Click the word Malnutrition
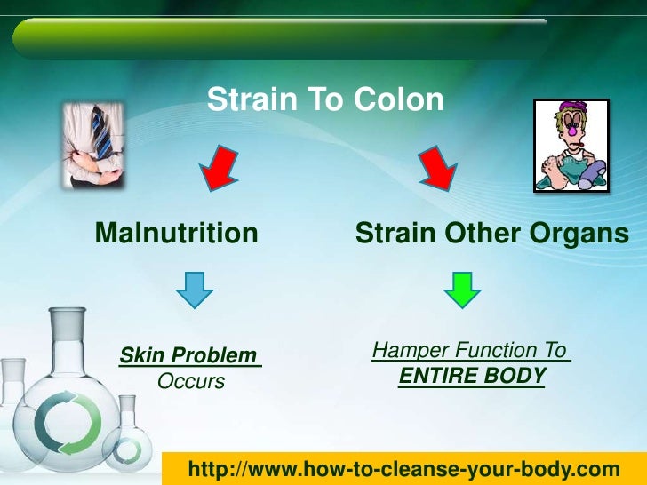click(176, 234)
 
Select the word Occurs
click(190, 382)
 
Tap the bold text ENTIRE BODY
click(472, 377)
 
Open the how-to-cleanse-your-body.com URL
click(403, 468)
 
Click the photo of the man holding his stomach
click(92, 144)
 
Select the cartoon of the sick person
click(571, 145)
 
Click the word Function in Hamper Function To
click(491, 351)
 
